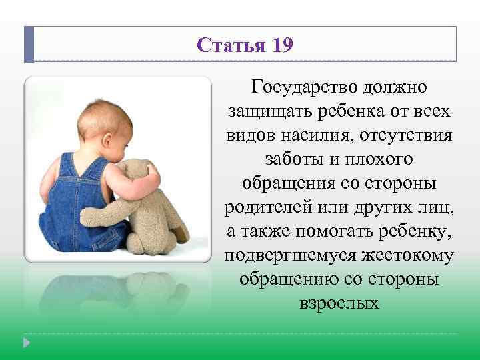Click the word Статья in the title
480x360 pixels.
point(231,45)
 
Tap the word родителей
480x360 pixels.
point(274,207)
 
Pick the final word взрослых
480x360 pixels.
point(339,303)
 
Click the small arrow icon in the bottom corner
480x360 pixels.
point(26,343)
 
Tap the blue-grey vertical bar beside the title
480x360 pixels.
point(29,44)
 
